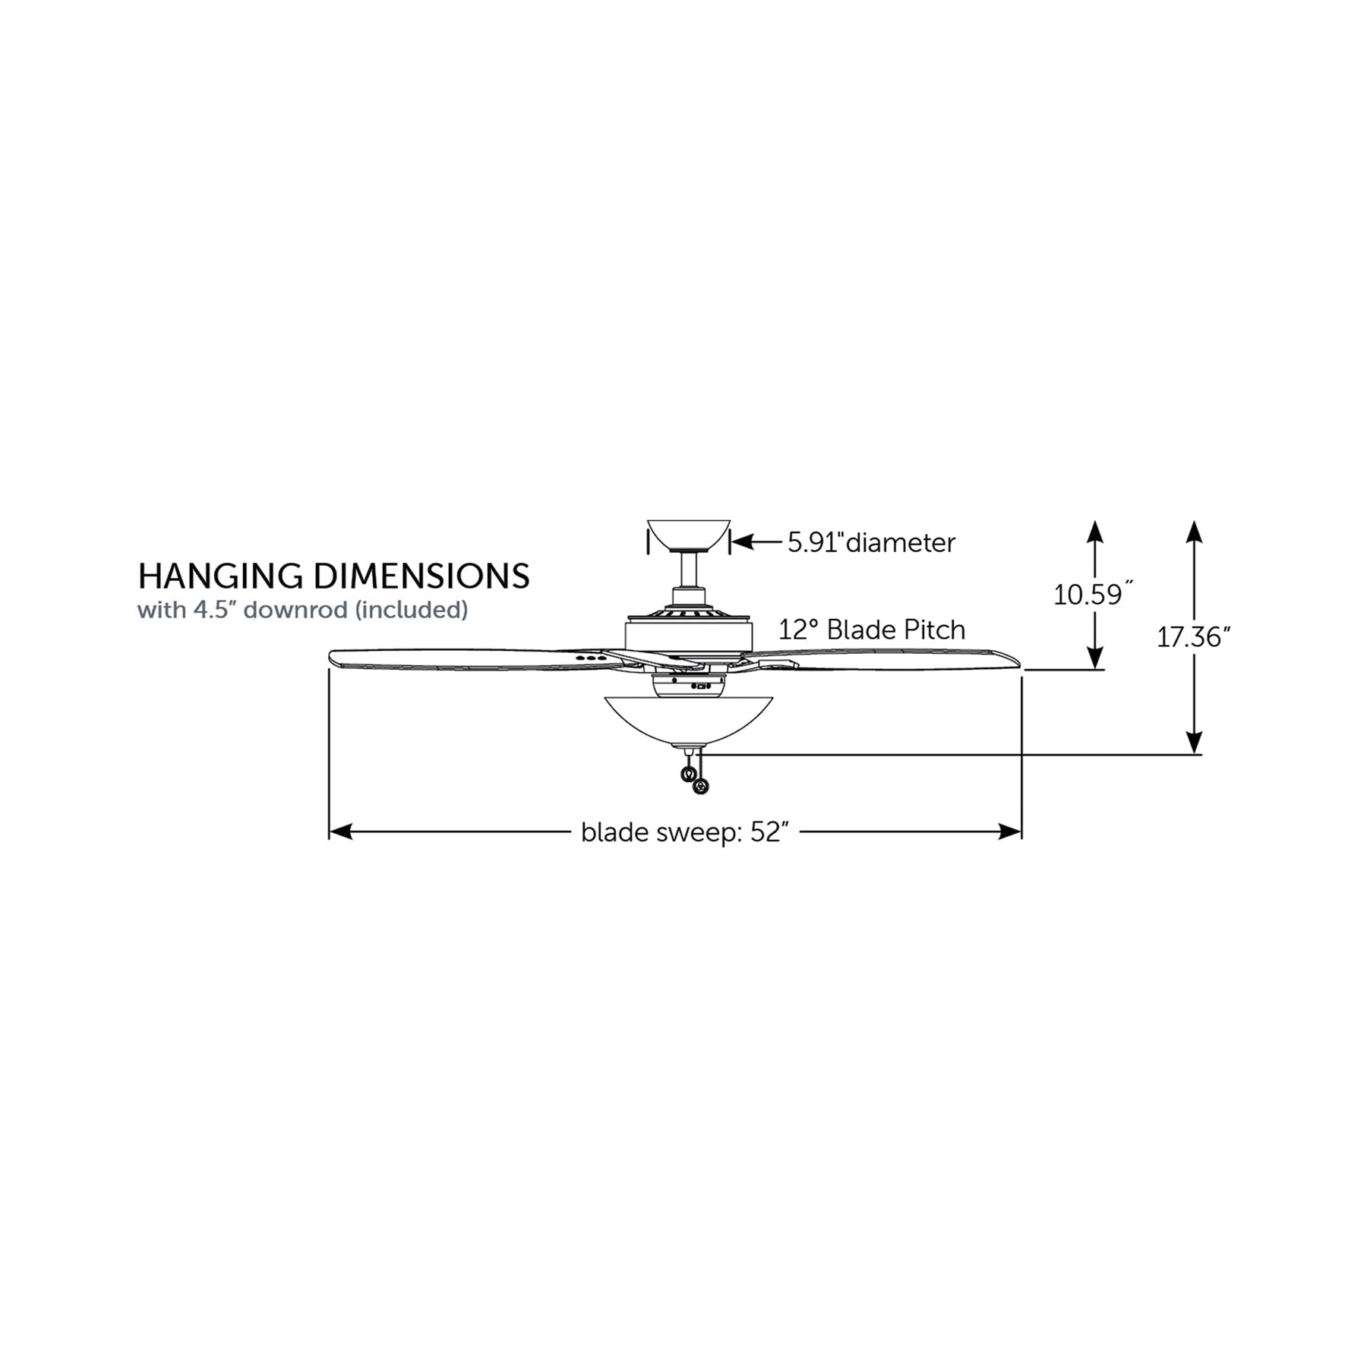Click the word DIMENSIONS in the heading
[x=421, y=576]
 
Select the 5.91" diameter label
[x=871, y=542]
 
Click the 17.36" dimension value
[x=1192, y=636]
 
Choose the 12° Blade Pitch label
[x=872, y=630]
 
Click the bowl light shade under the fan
[x=688, y=721]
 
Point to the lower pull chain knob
[x=700, y=788]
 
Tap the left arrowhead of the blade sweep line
[x=340, y=832]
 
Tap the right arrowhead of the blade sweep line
[x=1010, y=832]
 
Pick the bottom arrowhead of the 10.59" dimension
[x=1094, y=658]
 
